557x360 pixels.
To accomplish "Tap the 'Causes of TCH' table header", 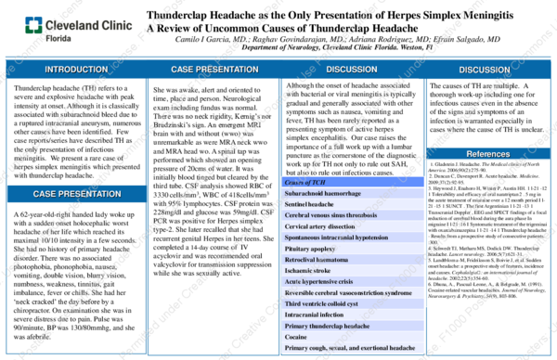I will click(x=305, y=183).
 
